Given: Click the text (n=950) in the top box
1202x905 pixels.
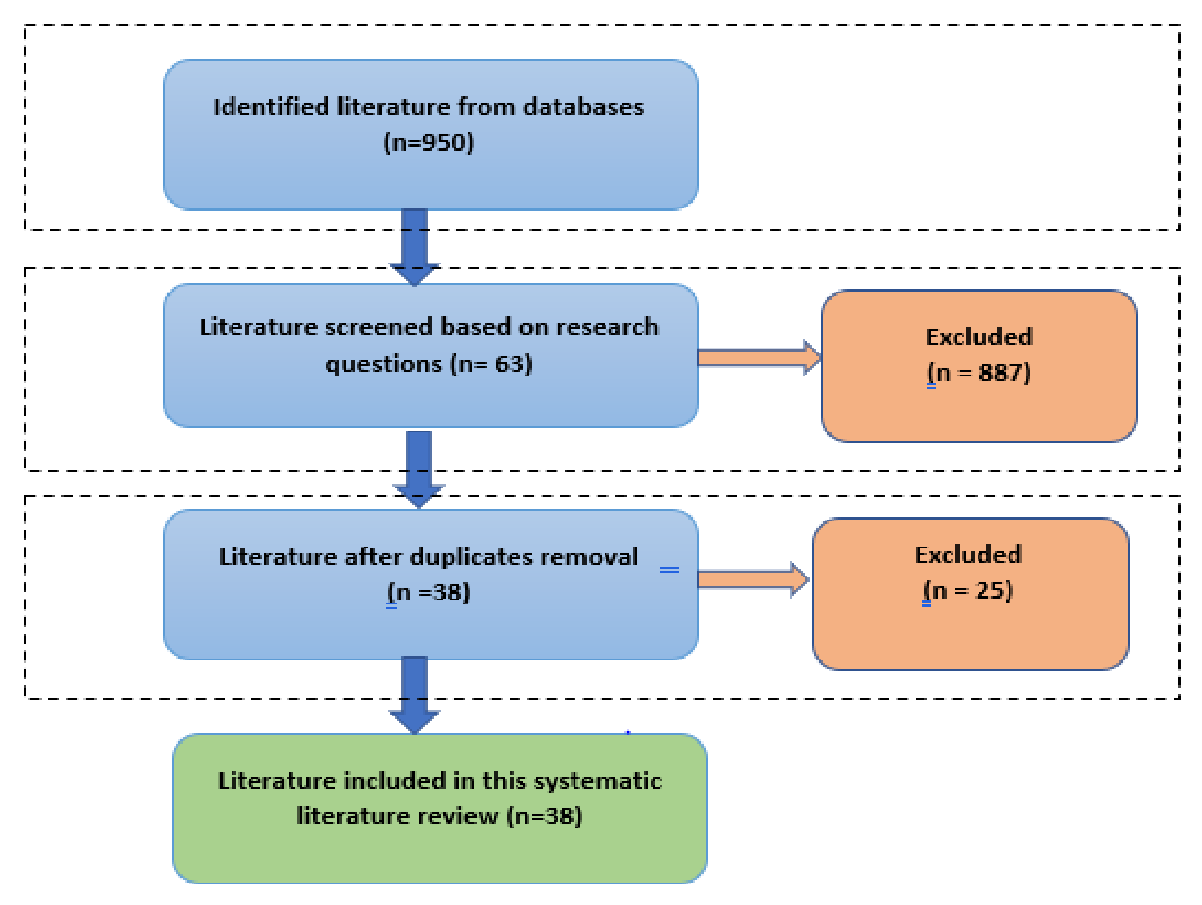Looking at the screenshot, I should click(x=428, y=142).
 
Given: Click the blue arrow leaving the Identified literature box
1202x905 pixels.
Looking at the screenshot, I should click(x=414, y=245).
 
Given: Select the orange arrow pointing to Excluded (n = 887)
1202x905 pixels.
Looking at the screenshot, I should click(x=758, y=358).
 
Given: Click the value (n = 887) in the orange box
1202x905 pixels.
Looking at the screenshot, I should click(x=979, y=373).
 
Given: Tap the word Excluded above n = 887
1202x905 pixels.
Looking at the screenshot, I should click(x=979, y=337).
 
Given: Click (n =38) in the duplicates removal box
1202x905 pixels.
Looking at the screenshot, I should click(x=428, y=592).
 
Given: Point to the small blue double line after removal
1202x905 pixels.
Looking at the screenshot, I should click(x=669, y=570).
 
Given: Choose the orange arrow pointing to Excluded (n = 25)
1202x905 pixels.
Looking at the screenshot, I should click(x=753, y=579).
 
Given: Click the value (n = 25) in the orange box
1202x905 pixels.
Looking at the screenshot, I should click(x=968, y=590).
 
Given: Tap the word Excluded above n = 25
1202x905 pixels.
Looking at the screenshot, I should click(x=968, y=555).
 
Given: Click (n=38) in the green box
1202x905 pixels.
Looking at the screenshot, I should click(x=544, y=816).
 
